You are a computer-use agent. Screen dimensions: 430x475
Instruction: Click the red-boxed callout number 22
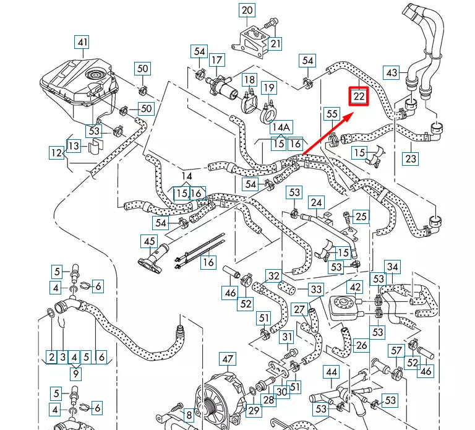[x=359, y=96]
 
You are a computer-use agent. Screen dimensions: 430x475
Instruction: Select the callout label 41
[x=82, y=43]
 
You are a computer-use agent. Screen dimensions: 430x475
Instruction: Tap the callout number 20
[x=247, y=10]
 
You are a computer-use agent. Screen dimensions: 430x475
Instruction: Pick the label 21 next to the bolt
[x=275, y=43]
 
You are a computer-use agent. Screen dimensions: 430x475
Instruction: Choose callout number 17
[x=216, y=60]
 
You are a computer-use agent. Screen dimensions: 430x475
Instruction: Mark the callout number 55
[x=332, y=114]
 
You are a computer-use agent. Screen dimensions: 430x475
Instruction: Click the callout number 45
[x=149, y=241]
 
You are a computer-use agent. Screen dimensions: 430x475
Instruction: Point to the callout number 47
[x=228, y=359]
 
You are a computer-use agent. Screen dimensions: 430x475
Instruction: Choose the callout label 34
[x=393, y=267]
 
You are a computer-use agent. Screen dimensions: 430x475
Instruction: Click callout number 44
[x=332, y=372]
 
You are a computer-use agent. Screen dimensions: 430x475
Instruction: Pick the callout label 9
[x=75, y=373]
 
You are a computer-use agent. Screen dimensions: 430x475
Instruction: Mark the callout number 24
[x=317, y=202]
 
